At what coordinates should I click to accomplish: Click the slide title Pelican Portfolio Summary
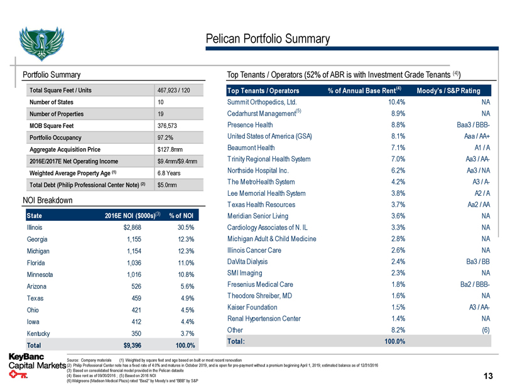pyautogui.click(x=268, y=39)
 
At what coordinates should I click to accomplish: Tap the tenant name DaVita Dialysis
pyautogui.click(x=251, y=262)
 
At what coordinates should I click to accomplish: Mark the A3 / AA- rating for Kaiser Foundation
pyautogui.click(x=474, y=307)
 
